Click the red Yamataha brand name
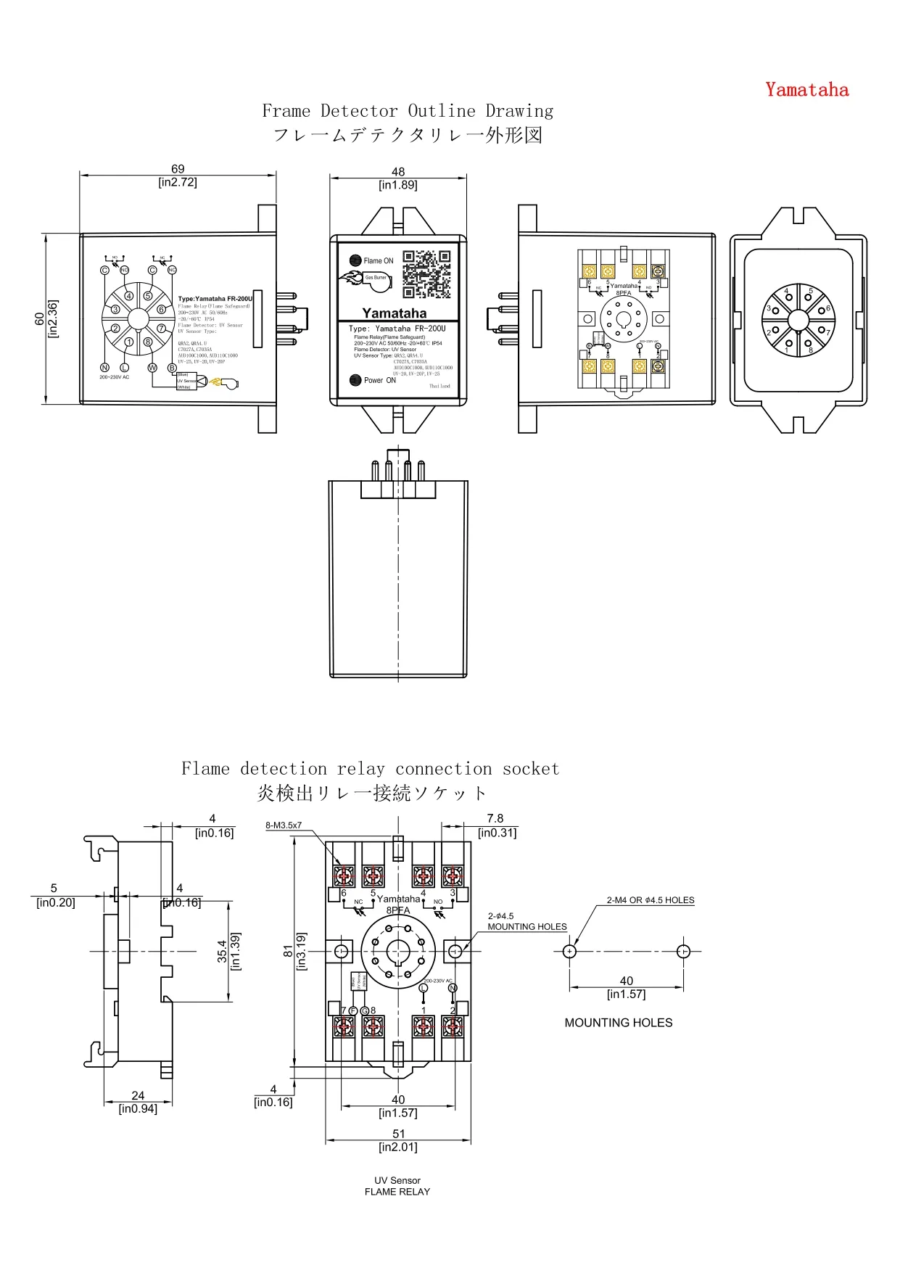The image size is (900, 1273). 806,90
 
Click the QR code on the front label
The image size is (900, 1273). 426,274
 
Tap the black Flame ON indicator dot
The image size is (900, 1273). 355,260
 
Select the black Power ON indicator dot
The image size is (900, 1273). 355,380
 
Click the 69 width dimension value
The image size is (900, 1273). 178,169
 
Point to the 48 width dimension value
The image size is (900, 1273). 398,172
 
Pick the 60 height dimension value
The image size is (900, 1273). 39,319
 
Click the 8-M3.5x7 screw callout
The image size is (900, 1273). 284,825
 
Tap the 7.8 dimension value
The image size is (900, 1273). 495,819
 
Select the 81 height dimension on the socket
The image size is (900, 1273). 289,951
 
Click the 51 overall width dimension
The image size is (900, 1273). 399,1134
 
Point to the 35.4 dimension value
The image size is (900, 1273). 222,951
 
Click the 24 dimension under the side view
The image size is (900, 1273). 138,1095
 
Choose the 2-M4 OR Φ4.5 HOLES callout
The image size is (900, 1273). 651,900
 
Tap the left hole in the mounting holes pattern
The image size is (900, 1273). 569,951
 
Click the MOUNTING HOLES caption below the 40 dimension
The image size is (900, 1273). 619,1023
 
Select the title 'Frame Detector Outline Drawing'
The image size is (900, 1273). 408,111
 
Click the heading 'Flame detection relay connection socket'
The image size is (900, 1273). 370,769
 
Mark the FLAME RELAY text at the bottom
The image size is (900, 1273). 397,1192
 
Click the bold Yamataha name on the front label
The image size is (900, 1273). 395,313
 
